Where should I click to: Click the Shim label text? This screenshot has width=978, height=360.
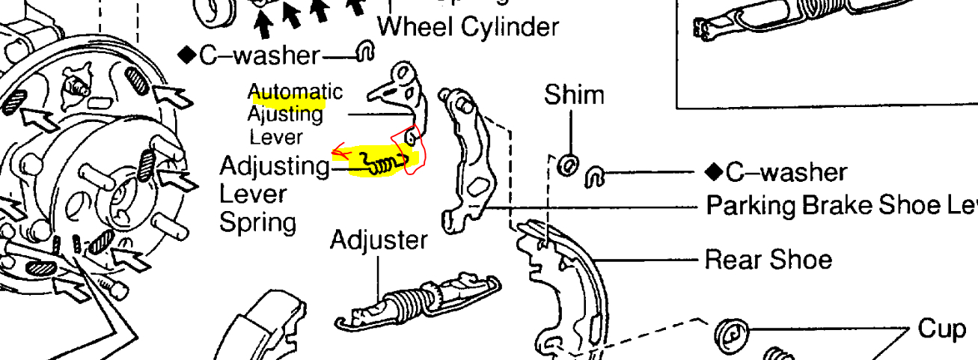tap(574, 95)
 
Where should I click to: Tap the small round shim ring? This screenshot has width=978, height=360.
tap(568, 163)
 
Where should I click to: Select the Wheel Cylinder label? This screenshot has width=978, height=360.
tap(468, 27)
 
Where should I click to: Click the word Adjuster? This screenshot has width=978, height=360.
tap(379, 240)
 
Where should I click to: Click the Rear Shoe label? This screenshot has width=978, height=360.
tap(768, 260)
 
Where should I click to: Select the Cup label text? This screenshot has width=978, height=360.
tap(941, 329)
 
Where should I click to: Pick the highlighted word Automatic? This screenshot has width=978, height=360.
tap(295, 92)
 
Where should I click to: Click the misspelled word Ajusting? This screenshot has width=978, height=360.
tap(285, 115)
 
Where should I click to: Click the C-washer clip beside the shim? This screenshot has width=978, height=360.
tap(596, 175)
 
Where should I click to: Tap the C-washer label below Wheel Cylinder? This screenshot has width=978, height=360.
tap(249, 55)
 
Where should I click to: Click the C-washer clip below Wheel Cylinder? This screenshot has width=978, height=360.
tap(366, 50)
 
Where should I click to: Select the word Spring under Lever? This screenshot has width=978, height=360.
tap(257, 222)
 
